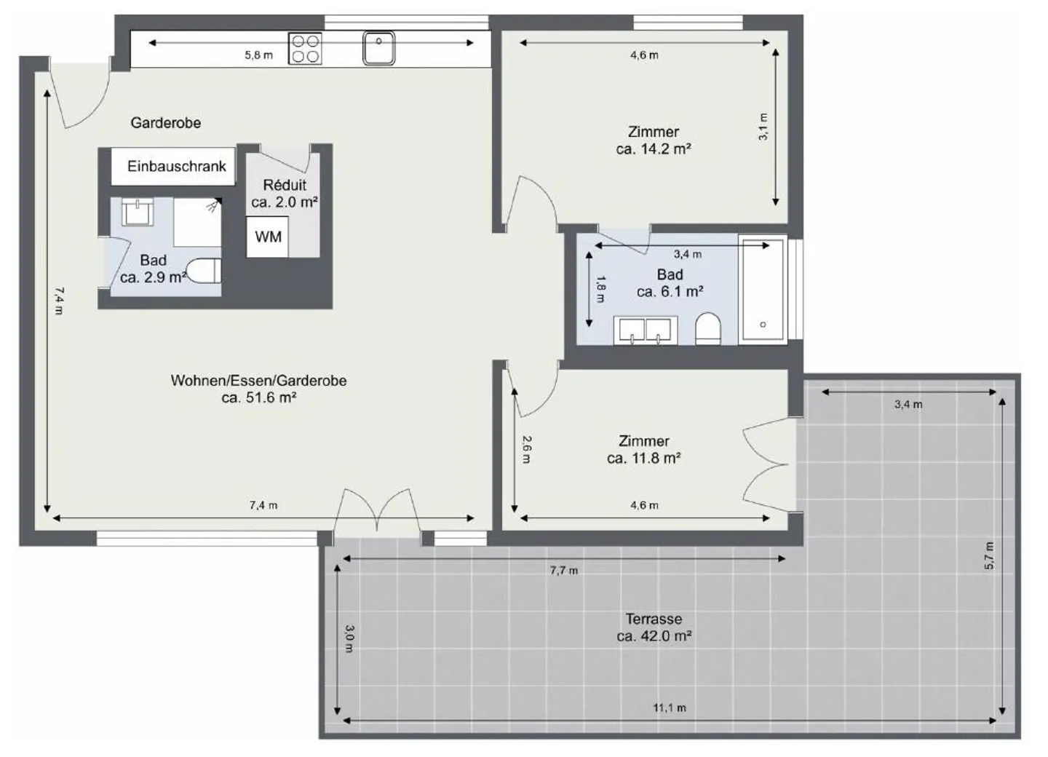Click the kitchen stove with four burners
pos(305,49)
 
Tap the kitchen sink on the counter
pos(378,48)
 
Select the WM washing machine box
pos(268,237)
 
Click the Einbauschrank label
pos(176,167)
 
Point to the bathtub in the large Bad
pos(762,289)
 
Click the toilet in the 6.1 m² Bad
pos(707,328)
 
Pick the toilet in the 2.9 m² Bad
pos(205,271)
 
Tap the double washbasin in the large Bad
pos(645,330)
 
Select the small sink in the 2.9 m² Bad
pos(136,212)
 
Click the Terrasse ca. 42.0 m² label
pos(654,627)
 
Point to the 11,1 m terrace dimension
pos(669,708)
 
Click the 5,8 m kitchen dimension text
pos(258,55)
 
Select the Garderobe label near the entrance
pos(166,123)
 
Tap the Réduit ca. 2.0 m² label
pos(285,194)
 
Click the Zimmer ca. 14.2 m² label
pos(653,140)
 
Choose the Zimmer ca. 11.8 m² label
pos(643,450)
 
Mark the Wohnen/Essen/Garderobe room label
pos(258,389)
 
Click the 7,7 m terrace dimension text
pos(563,571)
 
